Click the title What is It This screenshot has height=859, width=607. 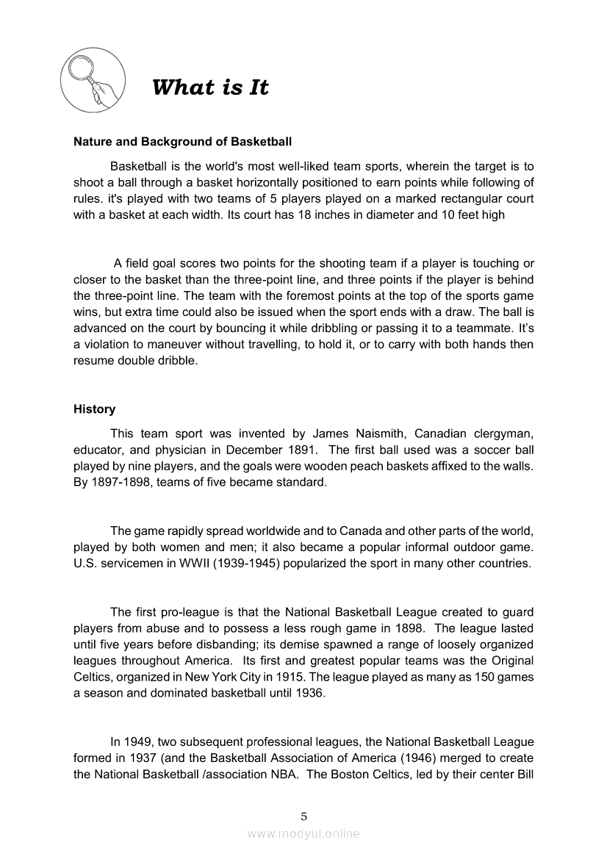210,88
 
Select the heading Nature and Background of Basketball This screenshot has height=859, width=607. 182,141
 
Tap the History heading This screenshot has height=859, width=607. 94,409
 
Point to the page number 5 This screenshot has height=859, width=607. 303,816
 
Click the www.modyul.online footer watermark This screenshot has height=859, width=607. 303,833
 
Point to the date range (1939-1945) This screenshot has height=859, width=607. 251,564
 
